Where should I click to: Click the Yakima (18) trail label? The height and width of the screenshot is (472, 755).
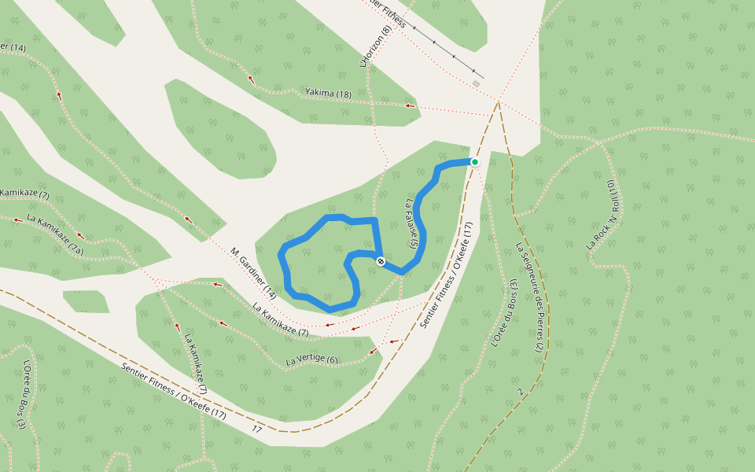(x=328, y=94)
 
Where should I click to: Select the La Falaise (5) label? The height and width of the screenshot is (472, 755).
(x=411, y=223)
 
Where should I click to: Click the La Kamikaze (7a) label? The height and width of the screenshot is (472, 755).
(x=55, y=234)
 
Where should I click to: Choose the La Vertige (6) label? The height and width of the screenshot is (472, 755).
(x=311, y=361)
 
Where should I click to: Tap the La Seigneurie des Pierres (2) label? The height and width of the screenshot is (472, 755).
(x=529, y=296)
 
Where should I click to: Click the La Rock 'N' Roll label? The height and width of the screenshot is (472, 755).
(x=603, y=216)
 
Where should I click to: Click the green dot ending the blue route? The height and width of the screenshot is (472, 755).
(x=475, y=162)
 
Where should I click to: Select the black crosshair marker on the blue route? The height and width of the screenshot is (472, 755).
(x=381, y=261)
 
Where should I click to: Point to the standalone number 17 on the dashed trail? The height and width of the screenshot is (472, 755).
(x=257, y=430)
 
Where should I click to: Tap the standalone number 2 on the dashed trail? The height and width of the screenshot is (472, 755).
(x=520, y=391)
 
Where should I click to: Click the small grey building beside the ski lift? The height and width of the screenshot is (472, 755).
(x=476, y=83)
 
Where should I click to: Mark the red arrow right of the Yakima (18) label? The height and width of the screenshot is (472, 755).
(x=407, y=105)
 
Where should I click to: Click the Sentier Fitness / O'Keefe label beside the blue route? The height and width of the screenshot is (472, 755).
(x=446, y=275)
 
